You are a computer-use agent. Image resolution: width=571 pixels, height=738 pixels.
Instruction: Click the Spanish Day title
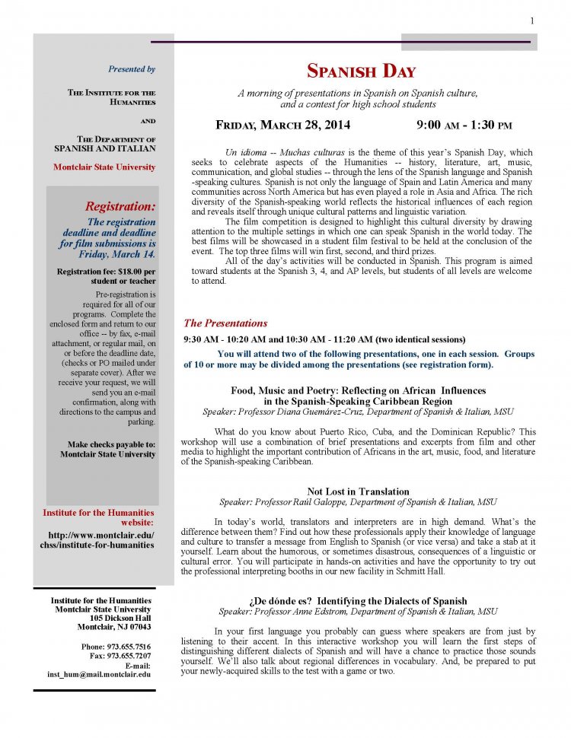(361, 72)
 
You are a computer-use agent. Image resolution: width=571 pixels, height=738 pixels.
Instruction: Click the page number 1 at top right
(531, 20)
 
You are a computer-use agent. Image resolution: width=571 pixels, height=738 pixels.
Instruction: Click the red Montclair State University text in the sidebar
(104, 167)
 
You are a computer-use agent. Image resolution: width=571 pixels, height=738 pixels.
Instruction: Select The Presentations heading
(225, 323)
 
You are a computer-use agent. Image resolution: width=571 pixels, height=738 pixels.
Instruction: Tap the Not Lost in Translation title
(358, 491)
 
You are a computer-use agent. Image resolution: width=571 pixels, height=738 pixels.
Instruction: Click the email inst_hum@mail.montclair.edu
(100, 674)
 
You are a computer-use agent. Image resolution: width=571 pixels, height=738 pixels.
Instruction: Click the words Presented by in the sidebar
(132, 69)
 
